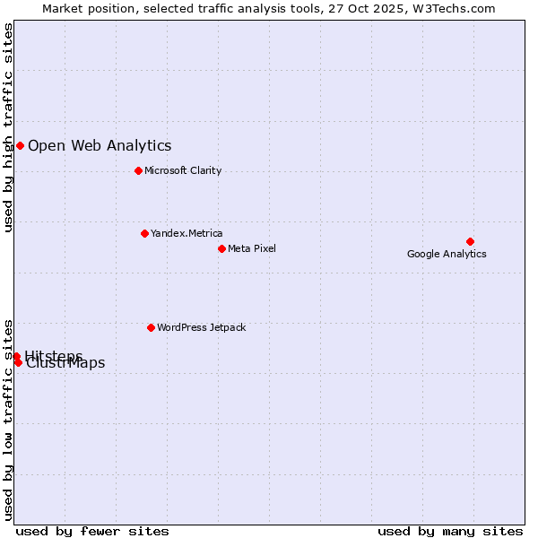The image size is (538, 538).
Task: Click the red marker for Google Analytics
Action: (470, 241)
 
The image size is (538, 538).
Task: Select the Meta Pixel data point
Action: (221, 248)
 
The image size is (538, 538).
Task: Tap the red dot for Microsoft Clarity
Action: (138, 170)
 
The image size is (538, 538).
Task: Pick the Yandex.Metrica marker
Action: (144, 233)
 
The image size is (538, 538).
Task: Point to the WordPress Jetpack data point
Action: (151, 327)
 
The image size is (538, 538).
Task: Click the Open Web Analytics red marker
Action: (20, 145)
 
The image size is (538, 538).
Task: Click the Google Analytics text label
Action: (447, 254)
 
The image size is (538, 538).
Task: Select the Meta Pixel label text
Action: (252, 248)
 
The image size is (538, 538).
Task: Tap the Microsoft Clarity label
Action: (183, 170)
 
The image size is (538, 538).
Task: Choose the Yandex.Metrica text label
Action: (187, 233)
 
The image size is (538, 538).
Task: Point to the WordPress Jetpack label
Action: (201, 327)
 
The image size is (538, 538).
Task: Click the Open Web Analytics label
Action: (100, 145)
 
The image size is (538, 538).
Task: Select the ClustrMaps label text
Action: (66, 364)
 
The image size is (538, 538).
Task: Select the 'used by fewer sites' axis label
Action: (92, 531)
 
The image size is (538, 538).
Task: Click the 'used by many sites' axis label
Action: (450, 531)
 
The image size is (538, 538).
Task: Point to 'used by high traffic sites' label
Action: (8, 127)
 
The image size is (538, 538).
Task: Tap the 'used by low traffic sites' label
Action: (8, 419)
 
